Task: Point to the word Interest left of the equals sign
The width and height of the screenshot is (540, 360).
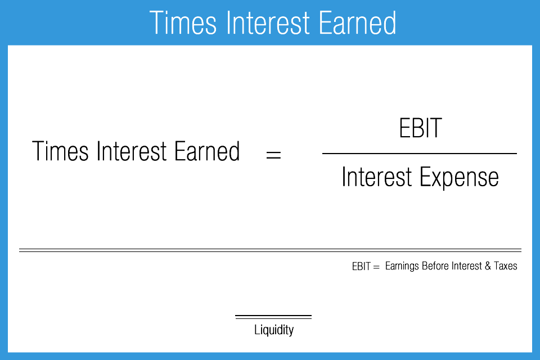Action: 132,152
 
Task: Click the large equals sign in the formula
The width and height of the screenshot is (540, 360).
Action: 273,154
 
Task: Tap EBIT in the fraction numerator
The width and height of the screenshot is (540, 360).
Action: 420,129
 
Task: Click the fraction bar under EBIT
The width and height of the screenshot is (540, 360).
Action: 419,154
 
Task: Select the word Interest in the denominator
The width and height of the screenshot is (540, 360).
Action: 376,178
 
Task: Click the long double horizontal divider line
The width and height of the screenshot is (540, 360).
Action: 270,250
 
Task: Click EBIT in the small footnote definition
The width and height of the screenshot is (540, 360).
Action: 361,267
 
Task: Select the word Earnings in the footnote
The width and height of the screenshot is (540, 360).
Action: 402,267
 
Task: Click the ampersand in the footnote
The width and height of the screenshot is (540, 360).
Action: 488,267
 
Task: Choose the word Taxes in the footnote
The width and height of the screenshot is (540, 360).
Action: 505,267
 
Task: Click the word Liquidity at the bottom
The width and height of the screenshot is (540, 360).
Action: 274,330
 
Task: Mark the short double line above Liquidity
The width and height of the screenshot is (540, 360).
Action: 273,317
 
